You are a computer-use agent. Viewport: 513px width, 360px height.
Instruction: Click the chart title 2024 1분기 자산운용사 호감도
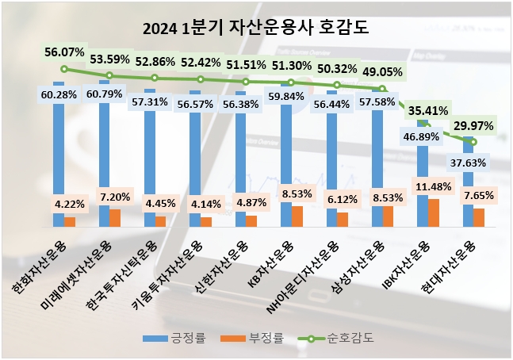256,29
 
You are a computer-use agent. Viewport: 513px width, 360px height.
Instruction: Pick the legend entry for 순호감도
338,339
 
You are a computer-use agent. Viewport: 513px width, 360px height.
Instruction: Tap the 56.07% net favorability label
64,52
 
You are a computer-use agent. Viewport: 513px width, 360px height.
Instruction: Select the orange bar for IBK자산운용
433,213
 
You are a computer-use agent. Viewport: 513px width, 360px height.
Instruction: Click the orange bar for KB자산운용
297,216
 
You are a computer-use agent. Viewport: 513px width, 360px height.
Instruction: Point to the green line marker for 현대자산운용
473,141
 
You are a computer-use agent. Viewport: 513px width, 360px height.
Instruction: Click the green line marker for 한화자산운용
64,69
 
